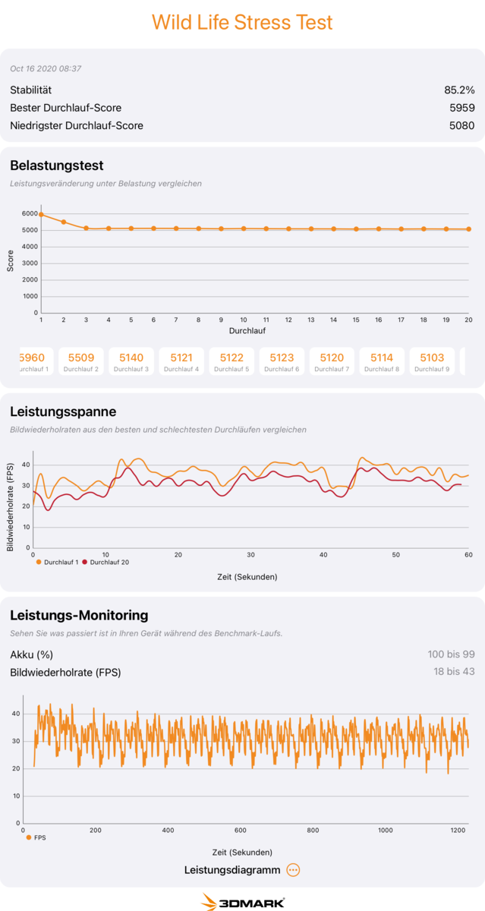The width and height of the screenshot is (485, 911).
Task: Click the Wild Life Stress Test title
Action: (242, 23)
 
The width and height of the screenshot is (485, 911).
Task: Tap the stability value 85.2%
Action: (459, 90)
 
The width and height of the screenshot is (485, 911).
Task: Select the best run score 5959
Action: (461, 108)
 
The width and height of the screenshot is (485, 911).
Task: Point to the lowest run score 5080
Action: (461, 125)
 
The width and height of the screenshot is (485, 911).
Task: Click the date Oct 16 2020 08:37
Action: (46, 69)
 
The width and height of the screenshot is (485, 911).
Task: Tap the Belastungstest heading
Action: (57, 165)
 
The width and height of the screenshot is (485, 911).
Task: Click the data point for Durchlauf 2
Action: (64, 222)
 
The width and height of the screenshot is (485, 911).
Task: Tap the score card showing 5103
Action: (432, 361)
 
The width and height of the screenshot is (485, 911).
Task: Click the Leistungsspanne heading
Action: (63, 412)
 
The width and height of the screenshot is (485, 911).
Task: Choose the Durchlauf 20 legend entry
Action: (106, 563)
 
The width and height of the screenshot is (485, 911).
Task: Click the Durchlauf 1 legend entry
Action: (59, 563)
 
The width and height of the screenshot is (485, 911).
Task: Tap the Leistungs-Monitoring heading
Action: (79, 616)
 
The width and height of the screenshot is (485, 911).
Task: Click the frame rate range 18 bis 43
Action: (454, 672)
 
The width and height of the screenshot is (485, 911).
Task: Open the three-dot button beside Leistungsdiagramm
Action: (294, 870)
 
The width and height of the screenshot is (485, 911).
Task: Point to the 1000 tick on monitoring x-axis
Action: (386, 831)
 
